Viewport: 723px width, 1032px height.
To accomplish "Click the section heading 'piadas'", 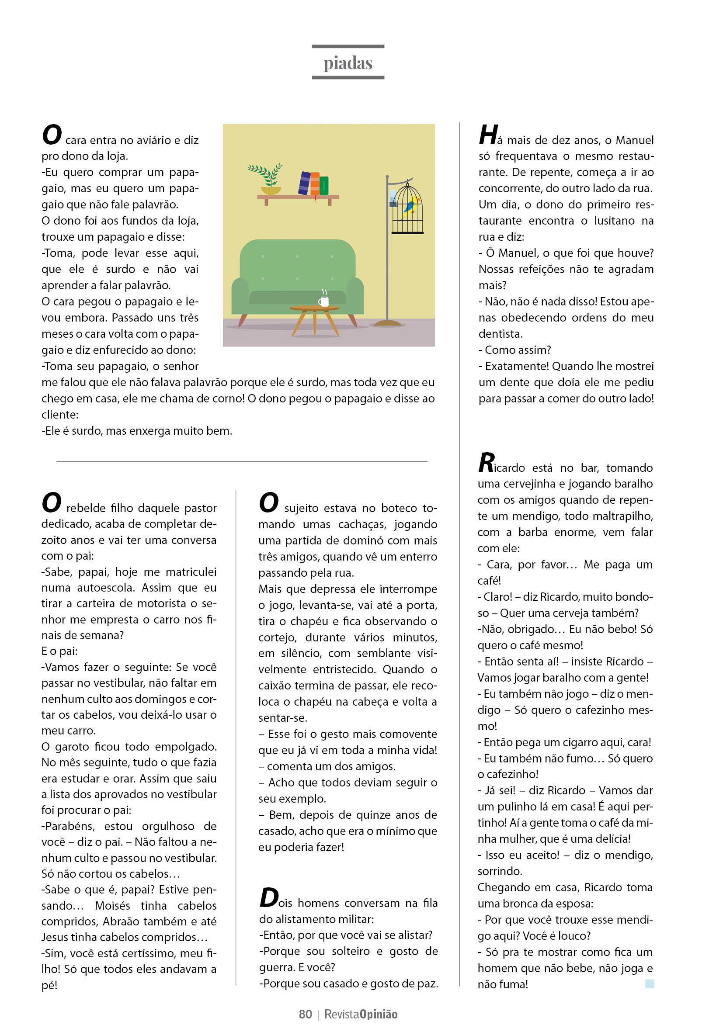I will click(x=348, y=63).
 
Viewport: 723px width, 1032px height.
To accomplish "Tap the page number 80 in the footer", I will click(x=305, y=1014).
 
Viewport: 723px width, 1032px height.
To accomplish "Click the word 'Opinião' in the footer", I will click(x=379, y=1014).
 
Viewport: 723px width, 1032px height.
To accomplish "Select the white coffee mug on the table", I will click(x=324, y=301).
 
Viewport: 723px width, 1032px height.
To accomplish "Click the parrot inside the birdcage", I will click(x=410, y=207).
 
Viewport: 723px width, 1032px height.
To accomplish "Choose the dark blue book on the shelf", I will click(x=304, y=183).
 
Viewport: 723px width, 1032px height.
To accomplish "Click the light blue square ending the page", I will click(x=649, y=984).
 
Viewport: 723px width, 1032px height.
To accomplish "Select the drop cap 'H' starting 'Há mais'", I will click(x=488, y=135).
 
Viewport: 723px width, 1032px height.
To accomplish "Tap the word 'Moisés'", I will click(x=112, y=905).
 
